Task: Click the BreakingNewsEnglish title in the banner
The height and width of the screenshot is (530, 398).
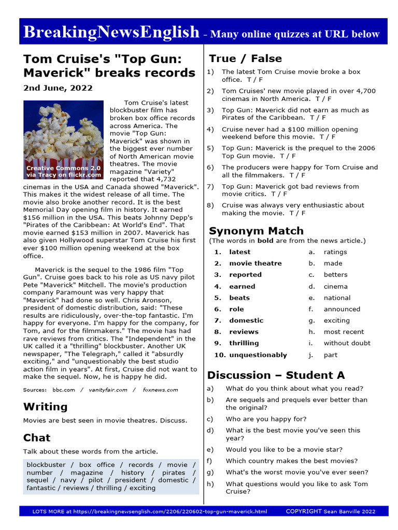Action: coord(111,33)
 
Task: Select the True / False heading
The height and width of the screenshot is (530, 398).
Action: coord(245,58)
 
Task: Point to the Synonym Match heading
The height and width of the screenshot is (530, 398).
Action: coord(256,231)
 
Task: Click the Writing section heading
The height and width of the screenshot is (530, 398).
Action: coord(45,406)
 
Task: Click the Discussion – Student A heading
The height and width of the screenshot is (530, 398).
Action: coord(276,375)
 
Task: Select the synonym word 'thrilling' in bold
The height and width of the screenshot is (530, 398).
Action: coord(244,343)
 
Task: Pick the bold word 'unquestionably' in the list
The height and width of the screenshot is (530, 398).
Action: coord(258,355)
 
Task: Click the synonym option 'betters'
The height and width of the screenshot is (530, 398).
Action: coord(335,275)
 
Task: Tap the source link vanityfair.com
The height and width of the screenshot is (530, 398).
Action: coord(107,390)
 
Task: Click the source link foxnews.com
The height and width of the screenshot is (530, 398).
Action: coord(160,390)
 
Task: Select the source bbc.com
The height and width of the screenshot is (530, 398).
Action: coord(64,390)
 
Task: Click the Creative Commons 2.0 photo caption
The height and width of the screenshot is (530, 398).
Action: coord(64,171)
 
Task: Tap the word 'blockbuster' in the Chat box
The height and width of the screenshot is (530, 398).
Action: coord(46,465)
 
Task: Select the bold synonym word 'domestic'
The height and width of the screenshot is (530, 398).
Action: coord(246,320)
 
